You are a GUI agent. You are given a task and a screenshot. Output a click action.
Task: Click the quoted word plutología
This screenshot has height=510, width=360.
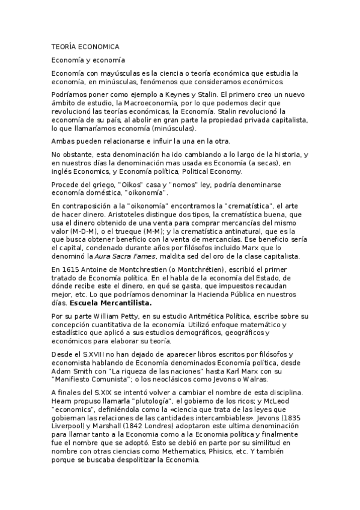point(135,402)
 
